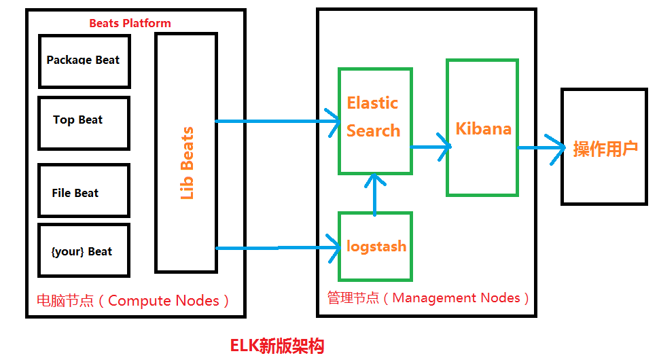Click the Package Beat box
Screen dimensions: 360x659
[84, 60]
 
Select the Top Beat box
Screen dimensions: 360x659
[84, 123]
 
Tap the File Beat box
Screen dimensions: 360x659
[84, 190]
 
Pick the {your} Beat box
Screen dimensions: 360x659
[84, 250]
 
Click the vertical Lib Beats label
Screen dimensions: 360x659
[187, 163]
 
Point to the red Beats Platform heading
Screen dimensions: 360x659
[130, 23]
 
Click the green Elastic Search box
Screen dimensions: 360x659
[374, 121]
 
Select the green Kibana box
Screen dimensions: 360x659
[482, 128]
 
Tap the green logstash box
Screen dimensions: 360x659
[375, 246]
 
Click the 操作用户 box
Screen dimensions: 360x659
[605, 147]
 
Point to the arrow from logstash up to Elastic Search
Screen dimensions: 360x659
[374, 194]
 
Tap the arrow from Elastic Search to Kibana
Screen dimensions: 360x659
[431, 147]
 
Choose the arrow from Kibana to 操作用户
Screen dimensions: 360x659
[541, 147]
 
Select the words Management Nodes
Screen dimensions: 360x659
[456, 298]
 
